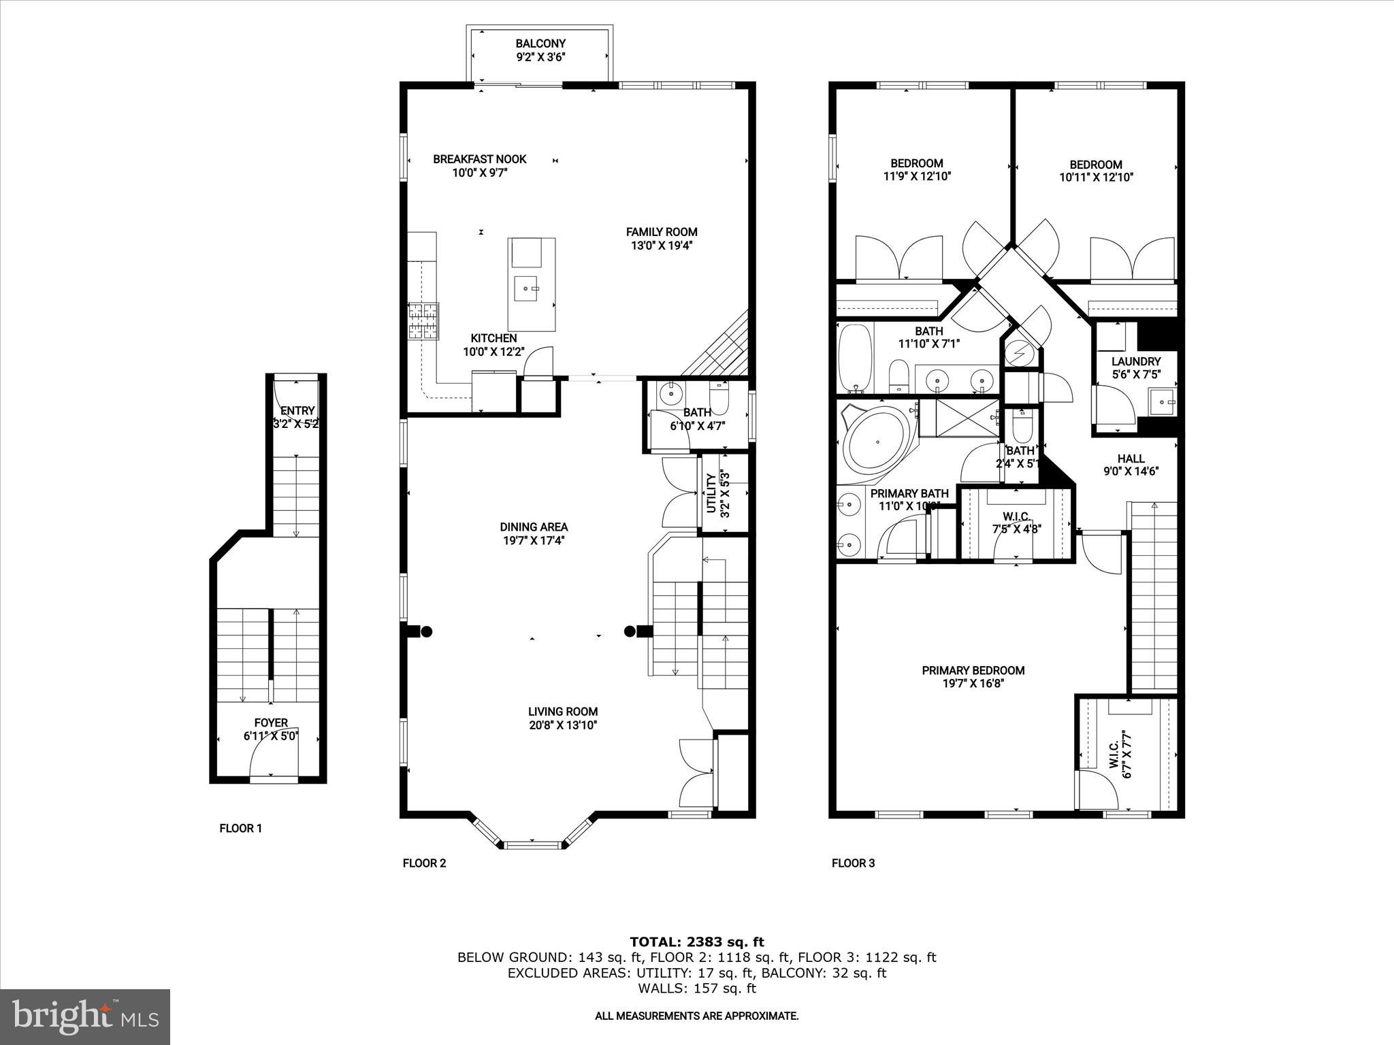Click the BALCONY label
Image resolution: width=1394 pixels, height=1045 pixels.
click(540, 44)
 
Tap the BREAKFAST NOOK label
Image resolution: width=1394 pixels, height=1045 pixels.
click(480, 159)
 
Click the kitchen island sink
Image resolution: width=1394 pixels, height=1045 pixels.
click(526, 288)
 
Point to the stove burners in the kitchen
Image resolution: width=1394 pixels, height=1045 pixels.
click(423, 320)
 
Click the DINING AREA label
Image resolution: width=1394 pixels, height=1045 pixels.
click(534, 527)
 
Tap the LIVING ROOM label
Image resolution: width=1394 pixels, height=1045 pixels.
click(562, 712)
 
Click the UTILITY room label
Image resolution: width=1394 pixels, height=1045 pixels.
click(711, 493)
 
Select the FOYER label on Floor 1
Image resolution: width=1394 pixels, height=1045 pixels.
click(271, 723)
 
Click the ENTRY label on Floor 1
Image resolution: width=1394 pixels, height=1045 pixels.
click(297, 411)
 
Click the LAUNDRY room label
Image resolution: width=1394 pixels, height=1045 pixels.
click(1135, 361)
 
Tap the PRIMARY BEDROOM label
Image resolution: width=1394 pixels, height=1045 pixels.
click(973, 670)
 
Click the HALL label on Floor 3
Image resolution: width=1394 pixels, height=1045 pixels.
click(1131, 459)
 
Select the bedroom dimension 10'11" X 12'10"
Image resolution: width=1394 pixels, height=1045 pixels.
click(1096, 178)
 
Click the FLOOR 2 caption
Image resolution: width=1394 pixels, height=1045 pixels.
click(424, 863)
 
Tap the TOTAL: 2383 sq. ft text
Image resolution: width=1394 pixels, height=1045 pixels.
click(696, 942)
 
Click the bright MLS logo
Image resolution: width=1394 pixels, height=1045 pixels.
click(85, 1017)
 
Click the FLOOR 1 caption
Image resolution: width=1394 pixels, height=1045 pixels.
click(240, 829)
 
